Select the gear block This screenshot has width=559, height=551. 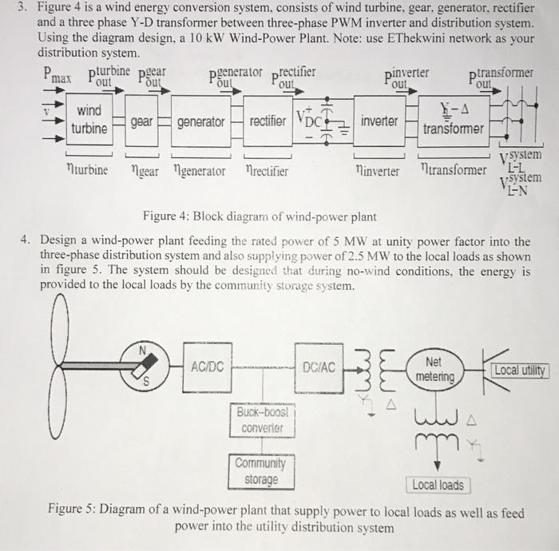141,121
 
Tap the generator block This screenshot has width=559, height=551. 200,121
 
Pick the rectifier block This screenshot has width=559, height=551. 267,121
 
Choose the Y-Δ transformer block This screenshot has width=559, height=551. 453,120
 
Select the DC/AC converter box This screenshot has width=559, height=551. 318,367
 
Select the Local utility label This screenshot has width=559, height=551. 518,370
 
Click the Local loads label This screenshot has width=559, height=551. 438,485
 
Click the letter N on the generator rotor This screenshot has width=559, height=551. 144,349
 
